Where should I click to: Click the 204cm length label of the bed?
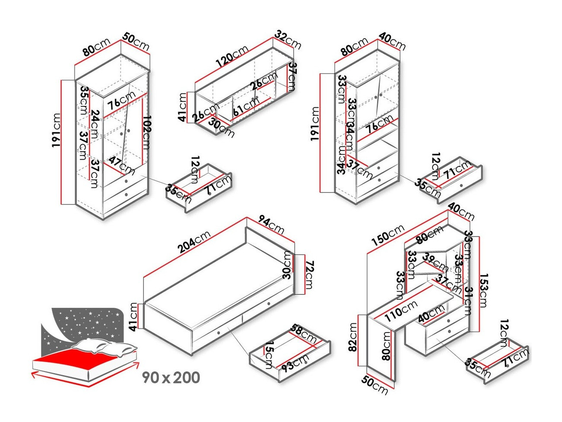[194, 242]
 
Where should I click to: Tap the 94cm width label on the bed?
[271, 224]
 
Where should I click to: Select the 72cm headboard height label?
[309, 275]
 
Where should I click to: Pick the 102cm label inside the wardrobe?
[146, 132]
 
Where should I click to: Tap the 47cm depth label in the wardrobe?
[121, 165]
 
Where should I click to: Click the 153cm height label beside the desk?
[483, 290]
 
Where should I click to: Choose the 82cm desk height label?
[353, 337]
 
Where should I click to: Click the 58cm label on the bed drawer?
[304, 333]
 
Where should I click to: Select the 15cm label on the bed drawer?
[269, 354]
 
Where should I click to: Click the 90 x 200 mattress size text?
[171, 377]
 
